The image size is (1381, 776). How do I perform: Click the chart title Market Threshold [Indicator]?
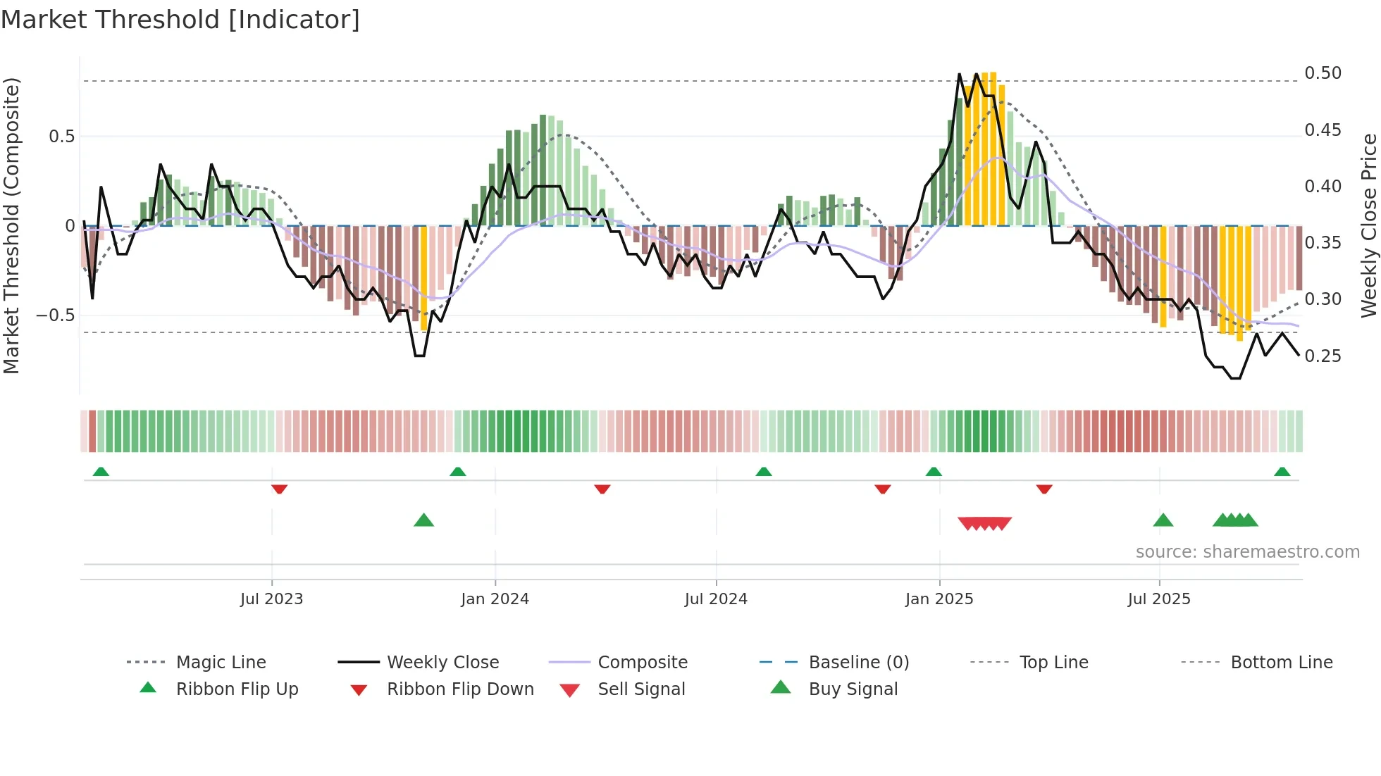[180, 20]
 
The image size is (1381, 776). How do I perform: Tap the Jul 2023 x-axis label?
[271, 599]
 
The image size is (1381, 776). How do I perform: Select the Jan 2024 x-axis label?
[495, 599]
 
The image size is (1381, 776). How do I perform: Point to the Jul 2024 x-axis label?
[716, 599]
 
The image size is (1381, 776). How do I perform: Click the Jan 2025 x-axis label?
[939, 599]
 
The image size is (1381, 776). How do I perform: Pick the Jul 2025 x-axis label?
[1159, 599]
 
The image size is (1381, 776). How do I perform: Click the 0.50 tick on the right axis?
[1323, 73]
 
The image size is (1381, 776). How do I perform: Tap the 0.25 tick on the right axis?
[1323, 356]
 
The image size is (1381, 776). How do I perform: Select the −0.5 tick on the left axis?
[56, 315]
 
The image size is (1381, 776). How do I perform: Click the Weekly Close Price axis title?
[1368, 225]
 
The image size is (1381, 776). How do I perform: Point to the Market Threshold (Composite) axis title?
[11, 225]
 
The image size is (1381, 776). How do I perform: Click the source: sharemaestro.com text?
[1247, 552]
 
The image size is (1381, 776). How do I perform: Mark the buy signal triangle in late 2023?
[423, 520]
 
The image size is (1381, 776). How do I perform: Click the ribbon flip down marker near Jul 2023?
[279, 489]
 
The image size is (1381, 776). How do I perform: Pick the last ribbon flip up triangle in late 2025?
[1282, 472]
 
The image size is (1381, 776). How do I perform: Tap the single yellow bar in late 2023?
[423, 277]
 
